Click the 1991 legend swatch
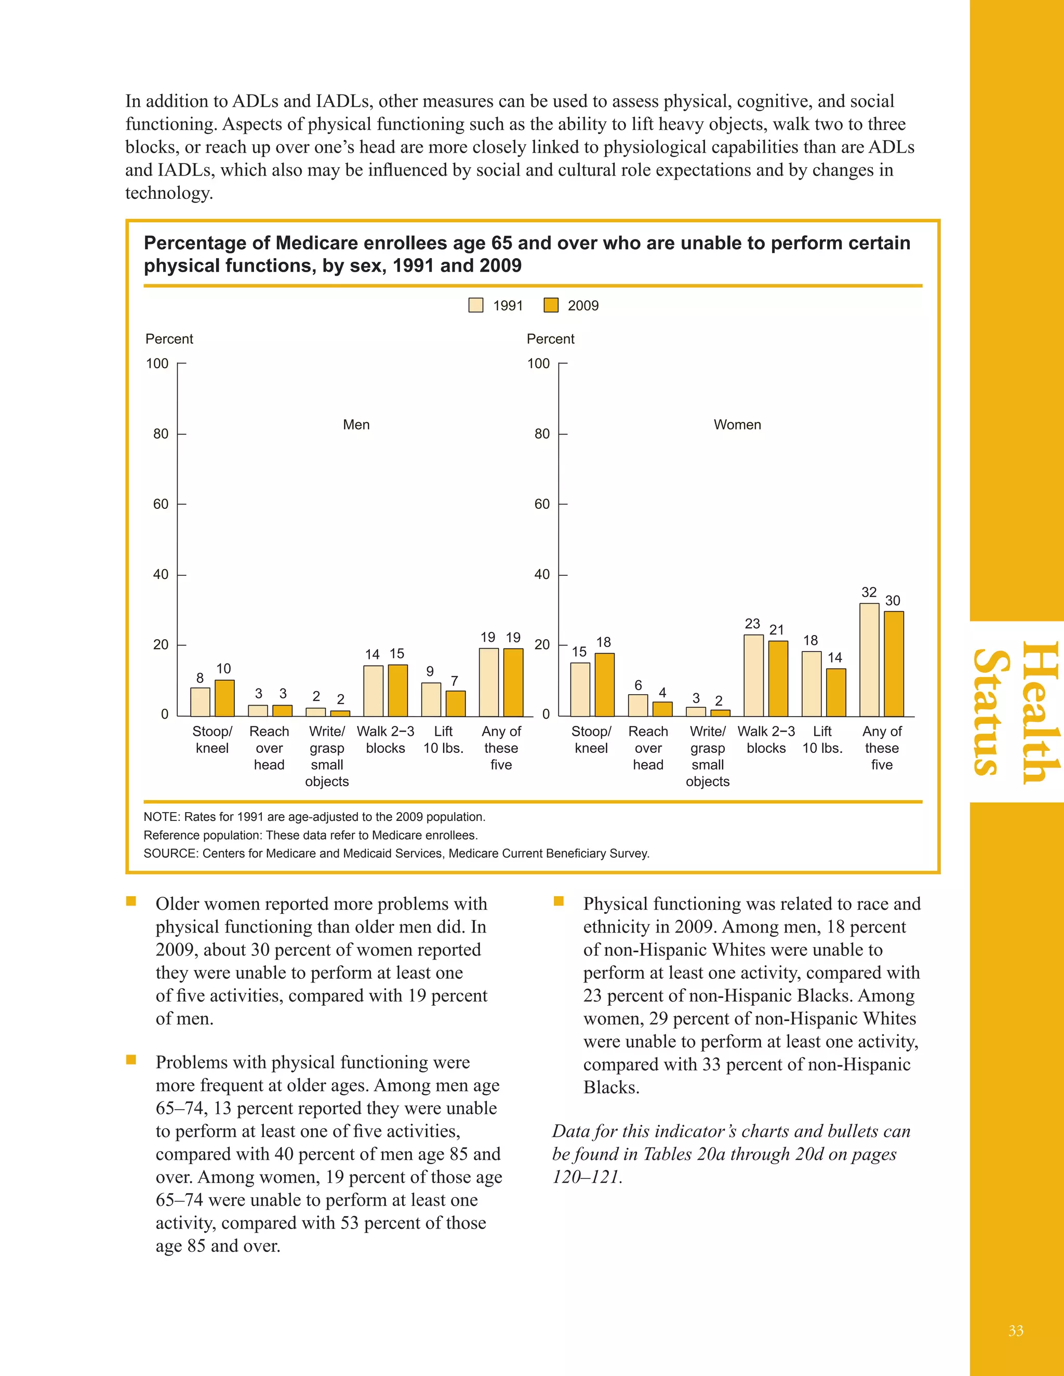tap(476, 305)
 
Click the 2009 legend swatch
tap(551, 305)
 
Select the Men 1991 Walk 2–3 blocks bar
tap(373, 691)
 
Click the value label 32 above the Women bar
tap(869, 592)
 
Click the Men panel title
tap(356, 425)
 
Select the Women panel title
tap(737, 425)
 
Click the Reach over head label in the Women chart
tap(648, 748)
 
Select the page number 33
tap(1016, 1331)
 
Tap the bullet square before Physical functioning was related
tap(558, 901)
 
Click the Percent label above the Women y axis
tap(550, 339)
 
